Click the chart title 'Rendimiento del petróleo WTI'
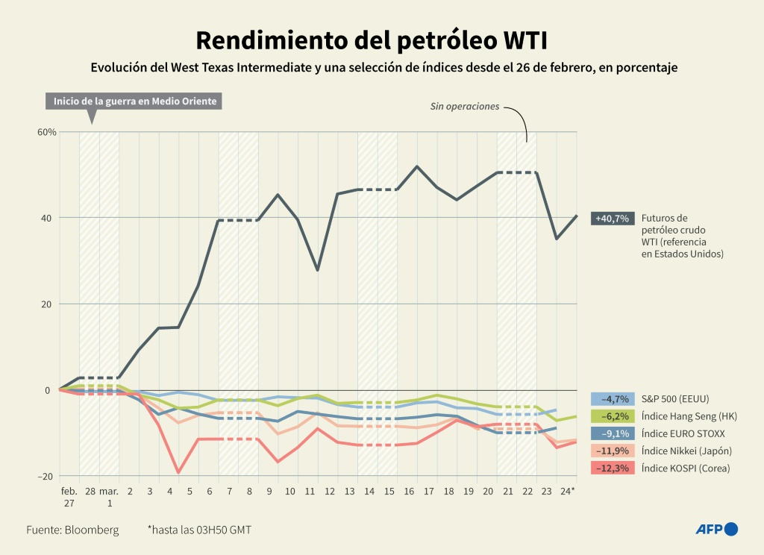(x=381, y=39)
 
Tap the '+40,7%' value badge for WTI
(x=613, y=219)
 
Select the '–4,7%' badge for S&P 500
(x=613, y=398)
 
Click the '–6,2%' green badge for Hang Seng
(x=613, y=416)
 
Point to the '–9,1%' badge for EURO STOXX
(x=613, y=433)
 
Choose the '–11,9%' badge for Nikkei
(x=613, y=451)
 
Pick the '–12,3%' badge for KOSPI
(x=613, y=468)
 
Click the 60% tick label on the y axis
(x=47, y=132)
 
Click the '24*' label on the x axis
(x=568, y=492)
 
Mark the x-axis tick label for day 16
(x=408, y=492)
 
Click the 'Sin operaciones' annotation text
(x=464, y=107)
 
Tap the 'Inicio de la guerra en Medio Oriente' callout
(x=134, y=101)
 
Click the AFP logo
(x=716, y=529)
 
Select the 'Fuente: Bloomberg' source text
(x=72, y=530)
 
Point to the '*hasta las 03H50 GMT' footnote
(x=198, y=530)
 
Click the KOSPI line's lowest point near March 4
(x=178, y=472)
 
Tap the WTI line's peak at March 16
(x=416, y=166)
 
